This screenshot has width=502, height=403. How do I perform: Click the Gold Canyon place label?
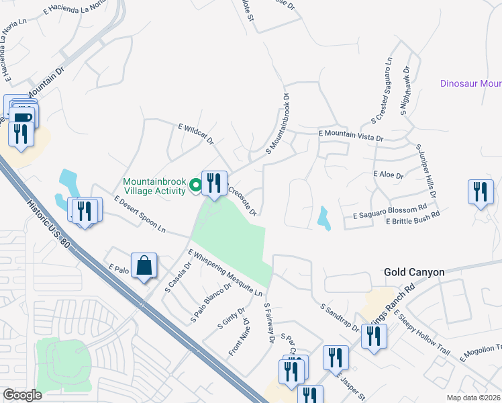[414, 272]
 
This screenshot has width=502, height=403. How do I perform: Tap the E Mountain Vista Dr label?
[350, 136]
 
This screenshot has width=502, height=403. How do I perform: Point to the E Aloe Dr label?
[388, 175]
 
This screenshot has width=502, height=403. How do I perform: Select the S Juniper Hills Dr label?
[426, 171]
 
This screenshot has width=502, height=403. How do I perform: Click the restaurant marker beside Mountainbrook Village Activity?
[214, 183]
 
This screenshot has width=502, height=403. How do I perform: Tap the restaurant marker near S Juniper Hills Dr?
[481, 192]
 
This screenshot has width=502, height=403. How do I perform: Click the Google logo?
[22, 395]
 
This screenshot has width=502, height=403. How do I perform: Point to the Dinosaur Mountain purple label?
[470, 84]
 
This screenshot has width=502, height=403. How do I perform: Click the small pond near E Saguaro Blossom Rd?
[324, 218]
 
